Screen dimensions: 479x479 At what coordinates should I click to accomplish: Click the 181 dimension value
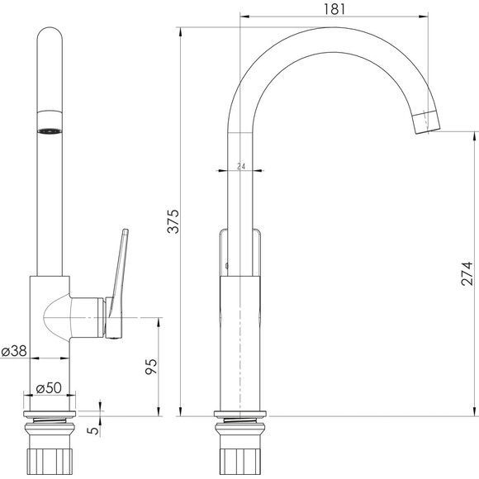pyautogui.click(x=334, y=9)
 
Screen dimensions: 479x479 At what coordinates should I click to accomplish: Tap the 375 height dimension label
pyautogui.click(x=173, y=221)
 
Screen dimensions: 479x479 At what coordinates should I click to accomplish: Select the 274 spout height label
pyautogui.click(x=467, y=273)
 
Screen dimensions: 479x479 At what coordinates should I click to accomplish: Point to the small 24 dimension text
pyautogui.click(x=241, y=166)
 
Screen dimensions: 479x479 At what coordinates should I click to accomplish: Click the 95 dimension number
pyautogui.click(x=151, y=367)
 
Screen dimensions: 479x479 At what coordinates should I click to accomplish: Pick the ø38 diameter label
pyautogui.click(x=14, y=351)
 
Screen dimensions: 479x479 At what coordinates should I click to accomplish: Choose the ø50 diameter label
pyautogui.click(x=49, y=388)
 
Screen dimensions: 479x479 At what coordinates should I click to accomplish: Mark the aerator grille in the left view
pyautogui.click(x=50, y=131)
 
